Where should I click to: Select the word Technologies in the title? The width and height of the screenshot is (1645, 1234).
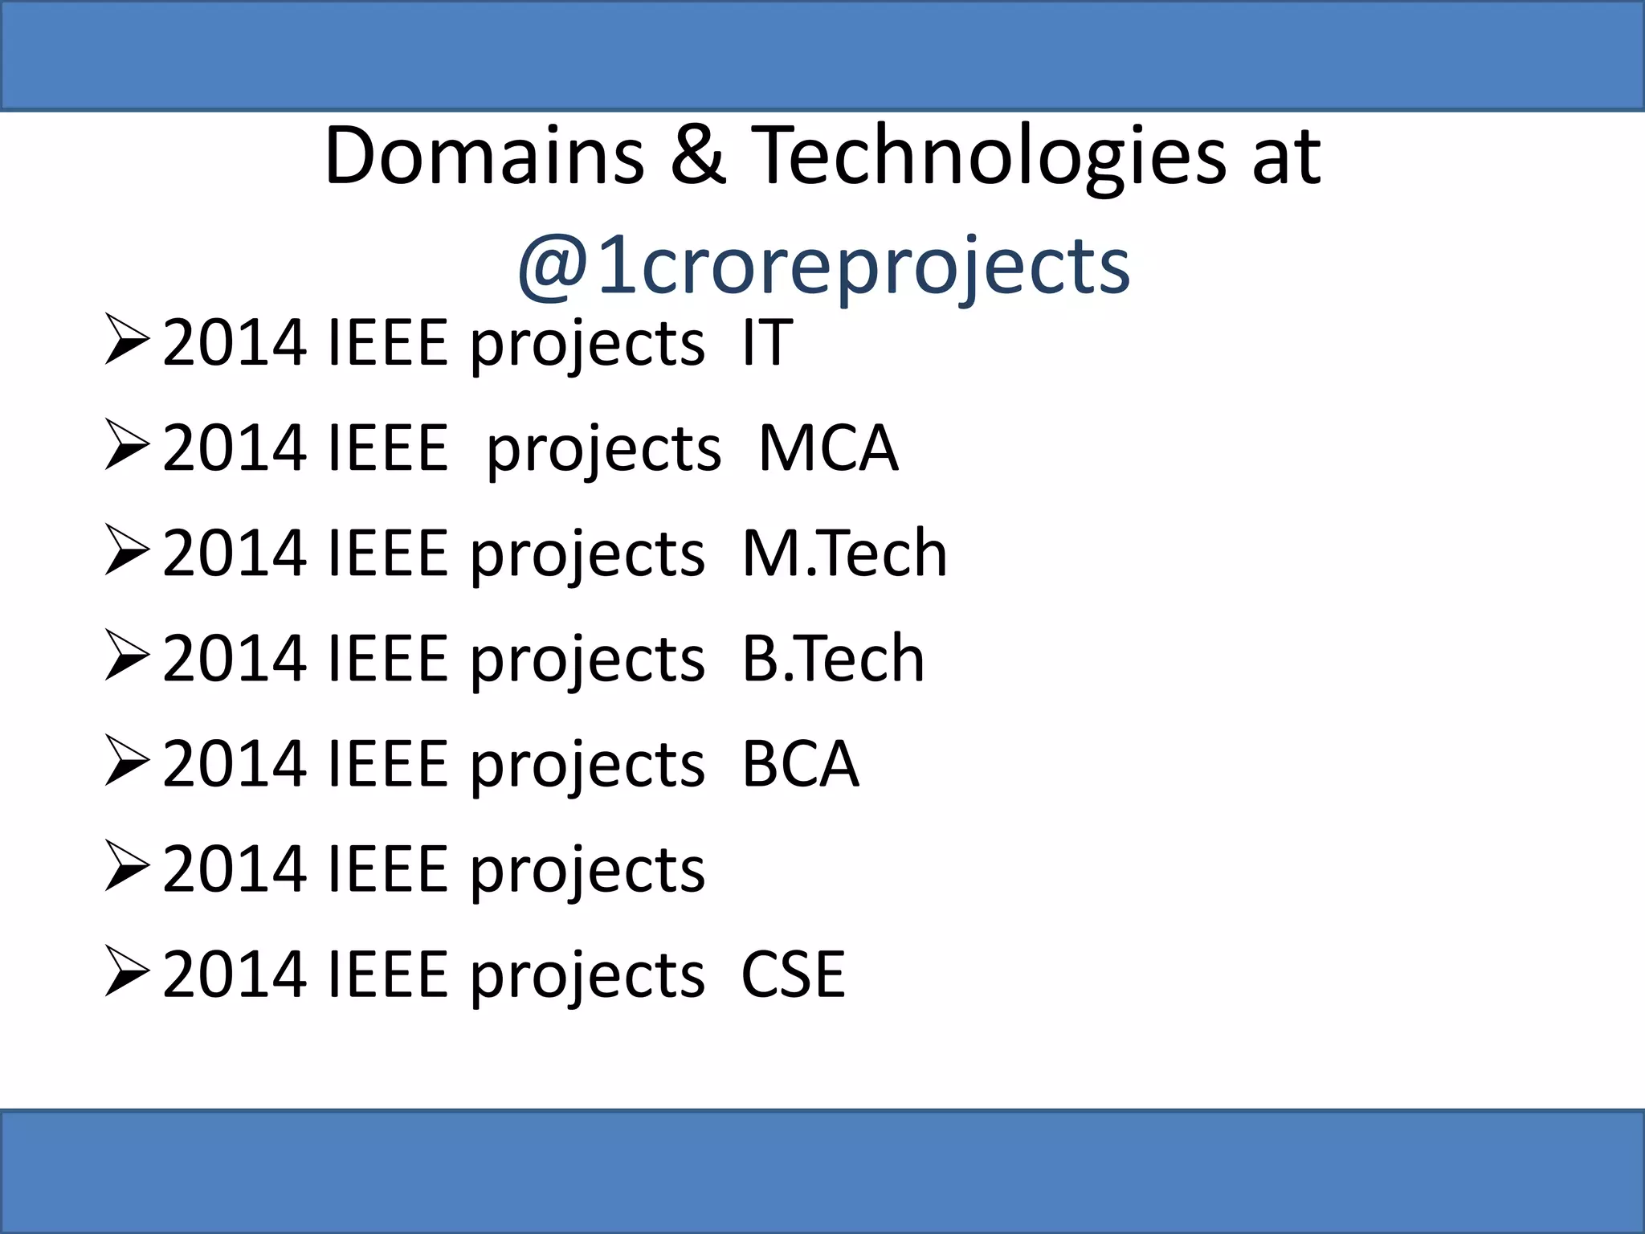point(992,157)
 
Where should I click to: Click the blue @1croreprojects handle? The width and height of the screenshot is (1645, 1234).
point(823,265)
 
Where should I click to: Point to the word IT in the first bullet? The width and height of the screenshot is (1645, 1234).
point(767,343)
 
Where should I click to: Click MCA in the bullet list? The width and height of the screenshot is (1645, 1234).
point(828,448)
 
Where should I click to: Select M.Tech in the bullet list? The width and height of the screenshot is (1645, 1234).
point(844,554)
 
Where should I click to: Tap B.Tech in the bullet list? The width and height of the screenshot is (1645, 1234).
point(833,659)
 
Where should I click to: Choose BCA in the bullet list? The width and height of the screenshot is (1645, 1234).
point(800,764)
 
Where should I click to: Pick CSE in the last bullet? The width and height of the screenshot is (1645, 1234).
point(793,975)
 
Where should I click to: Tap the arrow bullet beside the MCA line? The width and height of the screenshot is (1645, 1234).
point(127,447)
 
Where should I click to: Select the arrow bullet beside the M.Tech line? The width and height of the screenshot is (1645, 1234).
point(127,552)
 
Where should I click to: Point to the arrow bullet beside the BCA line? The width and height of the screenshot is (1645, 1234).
point(127,762)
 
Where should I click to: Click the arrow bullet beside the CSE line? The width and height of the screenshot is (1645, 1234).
point(127,973)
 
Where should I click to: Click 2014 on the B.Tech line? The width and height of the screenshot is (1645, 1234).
point(235,659)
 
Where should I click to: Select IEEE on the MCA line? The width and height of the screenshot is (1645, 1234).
point(387,448)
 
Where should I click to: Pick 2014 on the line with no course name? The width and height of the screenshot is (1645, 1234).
point(235,869)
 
